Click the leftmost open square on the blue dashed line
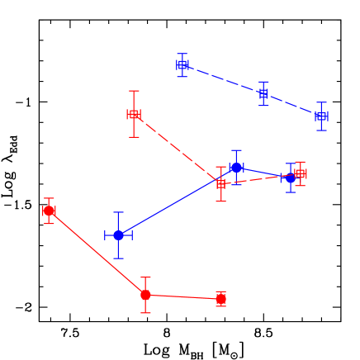(x=182, y=64)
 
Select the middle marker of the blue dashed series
(x=263, y=93)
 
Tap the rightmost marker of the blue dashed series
(x=321, y=116)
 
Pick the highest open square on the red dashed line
(x=134, y=114)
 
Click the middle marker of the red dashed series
(x=220, y=184)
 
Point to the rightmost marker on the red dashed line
(x=301, y=173)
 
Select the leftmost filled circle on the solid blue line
(x=118, y=235)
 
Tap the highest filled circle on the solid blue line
(x=236, y=168)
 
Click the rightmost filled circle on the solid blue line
(x=290, y=178)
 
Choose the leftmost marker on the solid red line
(x=49, y=211)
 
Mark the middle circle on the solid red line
(x=145, y=295)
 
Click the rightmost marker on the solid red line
(x=220, y=299)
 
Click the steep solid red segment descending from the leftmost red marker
(x=97, y=253)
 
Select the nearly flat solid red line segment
(x=182, y=296)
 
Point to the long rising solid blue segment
(x=169, y=206)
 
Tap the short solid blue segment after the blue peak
(x=263, y=173)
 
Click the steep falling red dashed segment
(x=177, y=149)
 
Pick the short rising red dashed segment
(x=260, y=178)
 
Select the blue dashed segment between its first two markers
(x=223, y=78)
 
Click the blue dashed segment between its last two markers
(x=292, y=105)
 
